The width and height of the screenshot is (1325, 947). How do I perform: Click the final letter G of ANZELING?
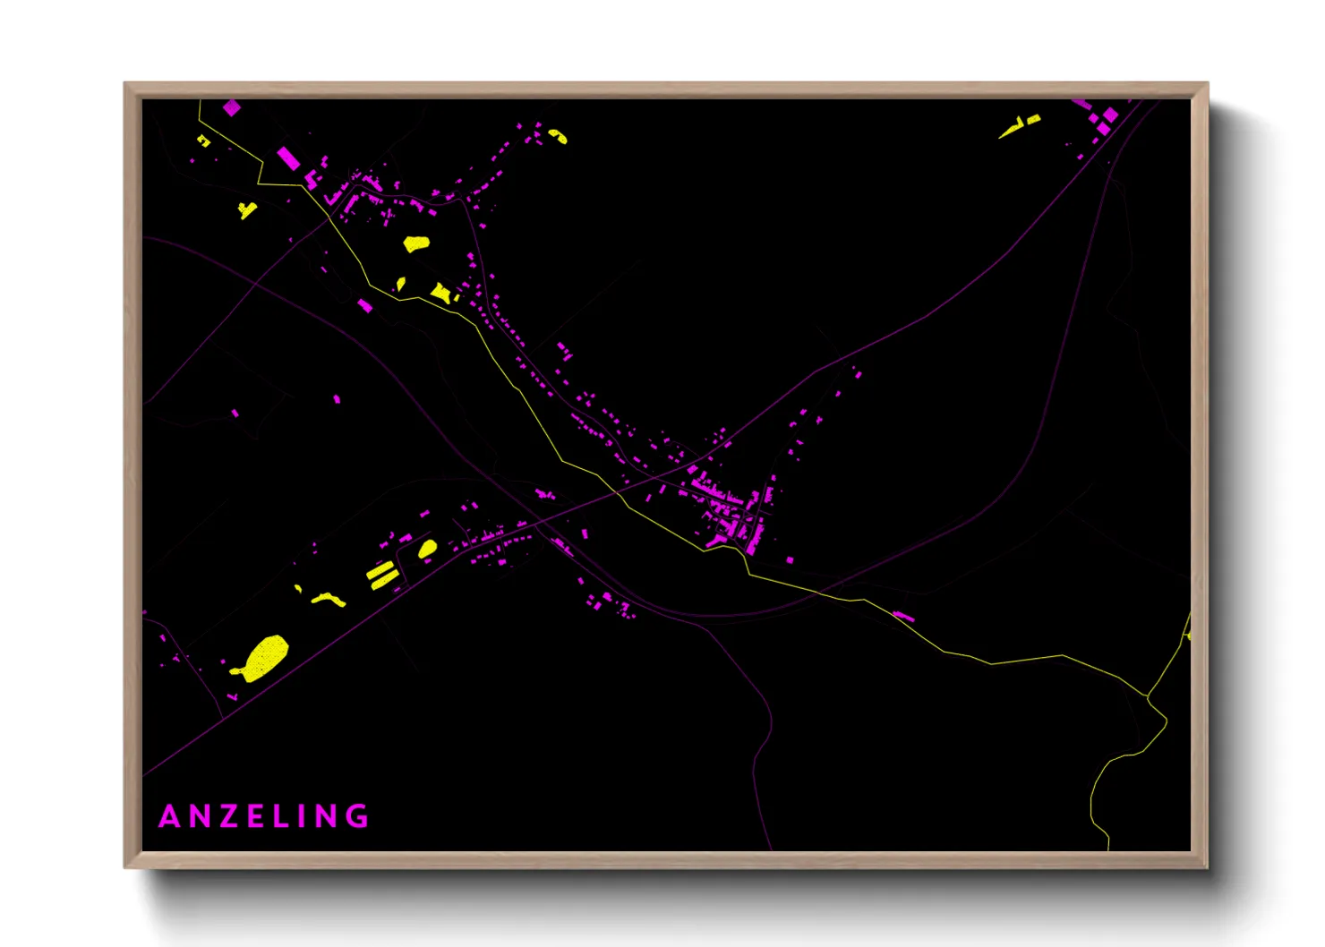359,816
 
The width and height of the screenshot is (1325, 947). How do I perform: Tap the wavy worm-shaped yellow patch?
328,598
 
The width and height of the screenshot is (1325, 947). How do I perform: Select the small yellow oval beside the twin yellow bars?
428,548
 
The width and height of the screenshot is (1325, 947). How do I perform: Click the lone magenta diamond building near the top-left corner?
232,107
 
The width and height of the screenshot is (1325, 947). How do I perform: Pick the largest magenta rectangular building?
288,158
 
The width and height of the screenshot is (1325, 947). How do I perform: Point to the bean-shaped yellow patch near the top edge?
559,136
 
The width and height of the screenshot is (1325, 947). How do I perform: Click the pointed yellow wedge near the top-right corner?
1019,127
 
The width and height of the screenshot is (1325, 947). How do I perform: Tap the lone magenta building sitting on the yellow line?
903,616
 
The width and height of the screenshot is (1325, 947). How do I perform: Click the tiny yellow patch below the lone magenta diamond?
203,141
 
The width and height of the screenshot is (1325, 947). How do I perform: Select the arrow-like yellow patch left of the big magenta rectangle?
247,210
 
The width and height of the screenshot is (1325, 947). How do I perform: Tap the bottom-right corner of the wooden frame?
1207,866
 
